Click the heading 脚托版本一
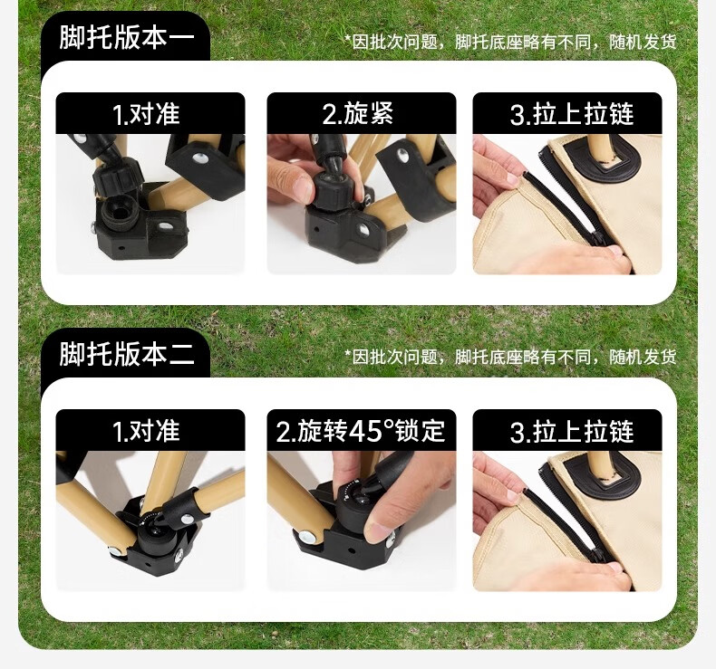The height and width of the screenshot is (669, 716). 127,37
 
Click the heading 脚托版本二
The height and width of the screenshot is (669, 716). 127,354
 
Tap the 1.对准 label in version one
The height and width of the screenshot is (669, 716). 146,113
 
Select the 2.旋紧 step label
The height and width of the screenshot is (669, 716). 358,113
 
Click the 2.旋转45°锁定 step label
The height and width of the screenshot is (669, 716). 361,431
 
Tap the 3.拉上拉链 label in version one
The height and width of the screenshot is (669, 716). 572,113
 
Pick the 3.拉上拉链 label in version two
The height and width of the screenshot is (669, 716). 572,431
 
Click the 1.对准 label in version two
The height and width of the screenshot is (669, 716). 146,431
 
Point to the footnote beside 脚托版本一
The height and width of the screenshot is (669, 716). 510,42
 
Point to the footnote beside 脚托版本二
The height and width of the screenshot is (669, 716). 510,357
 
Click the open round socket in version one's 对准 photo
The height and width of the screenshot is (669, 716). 117,214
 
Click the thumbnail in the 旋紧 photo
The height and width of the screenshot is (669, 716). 300,187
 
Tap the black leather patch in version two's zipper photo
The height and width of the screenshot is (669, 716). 602,474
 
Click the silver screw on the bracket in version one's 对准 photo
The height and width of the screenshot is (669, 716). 199,158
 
